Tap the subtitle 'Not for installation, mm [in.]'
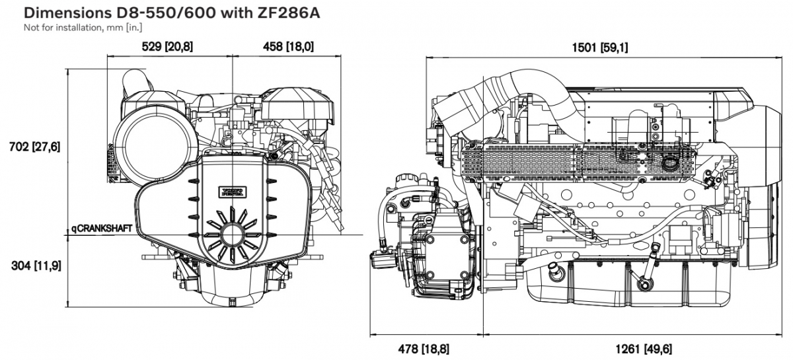tap(83, 27)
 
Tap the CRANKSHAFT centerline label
tap(104, 229)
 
